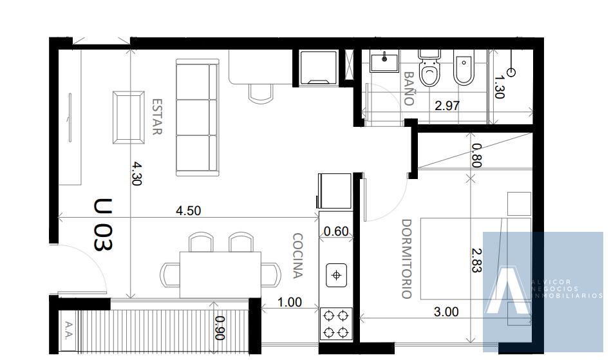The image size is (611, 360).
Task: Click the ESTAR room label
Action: point(156,117)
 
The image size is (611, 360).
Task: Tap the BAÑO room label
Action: point(408,88)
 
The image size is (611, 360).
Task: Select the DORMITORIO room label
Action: point(406,259)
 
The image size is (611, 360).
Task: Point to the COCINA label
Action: point(297,256)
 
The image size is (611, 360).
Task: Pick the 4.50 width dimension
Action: point(188,211)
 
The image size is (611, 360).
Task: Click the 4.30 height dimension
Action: point(136,174)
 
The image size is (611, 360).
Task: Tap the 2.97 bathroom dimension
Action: point(447,106)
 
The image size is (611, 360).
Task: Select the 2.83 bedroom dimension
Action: point(476,261)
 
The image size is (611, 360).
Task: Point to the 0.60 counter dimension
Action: point(336,231)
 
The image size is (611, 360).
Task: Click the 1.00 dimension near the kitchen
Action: point(290,302)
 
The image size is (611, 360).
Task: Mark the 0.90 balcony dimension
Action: point(220,328)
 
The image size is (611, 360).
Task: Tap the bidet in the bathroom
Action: point(464,68)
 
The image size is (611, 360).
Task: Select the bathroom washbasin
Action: point(384,61)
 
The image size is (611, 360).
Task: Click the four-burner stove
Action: point(336,323)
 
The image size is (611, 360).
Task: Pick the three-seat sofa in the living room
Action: point(197,117)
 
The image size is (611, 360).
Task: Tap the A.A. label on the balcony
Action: point(69,330)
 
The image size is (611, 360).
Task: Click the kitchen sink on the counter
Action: point(336,276)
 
